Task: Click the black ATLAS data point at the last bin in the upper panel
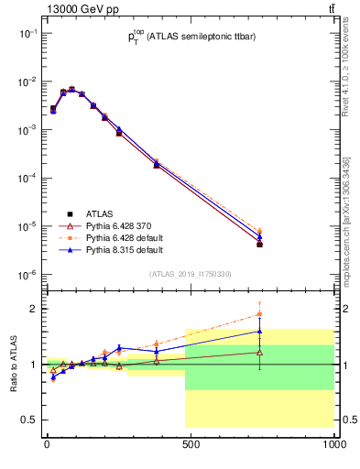(260, 245)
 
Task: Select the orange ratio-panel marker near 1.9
(260, 314)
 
